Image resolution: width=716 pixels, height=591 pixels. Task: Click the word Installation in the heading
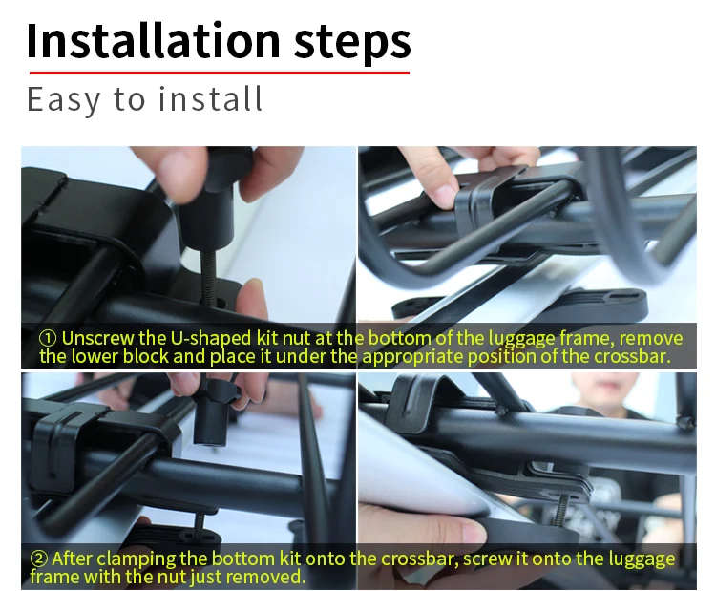pos(153,41)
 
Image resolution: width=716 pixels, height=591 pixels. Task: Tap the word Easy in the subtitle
pos(63,99)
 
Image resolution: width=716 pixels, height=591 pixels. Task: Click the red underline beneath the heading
pos(220,73)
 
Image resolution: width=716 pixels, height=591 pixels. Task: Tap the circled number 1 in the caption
pos(48,339)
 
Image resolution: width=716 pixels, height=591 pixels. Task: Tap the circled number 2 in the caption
pos(39,559)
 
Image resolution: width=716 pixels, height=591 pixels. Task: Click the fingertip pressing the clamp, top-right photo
pos(438,195)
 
